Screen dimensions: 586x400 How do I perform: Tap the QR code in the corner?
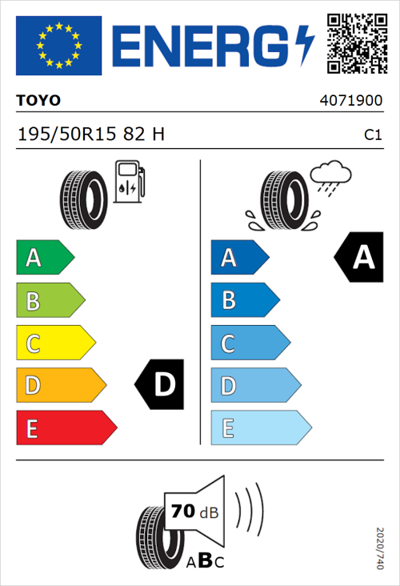tap(356, 42)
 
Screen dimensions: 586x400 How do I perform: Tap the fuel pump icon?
tap(129, 181)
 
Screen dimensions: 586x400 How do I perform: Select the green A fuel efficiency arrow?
tap(44, 258)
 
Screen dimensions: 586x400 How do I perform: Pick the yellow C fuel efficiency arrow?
tap(54, 343)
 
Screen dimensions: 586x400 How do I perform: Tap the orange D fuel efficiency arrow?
tap(60, 386)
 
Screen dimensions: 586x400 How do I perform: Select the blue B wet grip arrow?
tap(244, 301)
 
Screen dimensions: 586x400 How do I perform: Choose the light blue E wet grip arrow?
tap(260, 428)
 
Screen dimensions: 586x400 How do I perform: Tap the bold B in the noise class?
tap(204, 560)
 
